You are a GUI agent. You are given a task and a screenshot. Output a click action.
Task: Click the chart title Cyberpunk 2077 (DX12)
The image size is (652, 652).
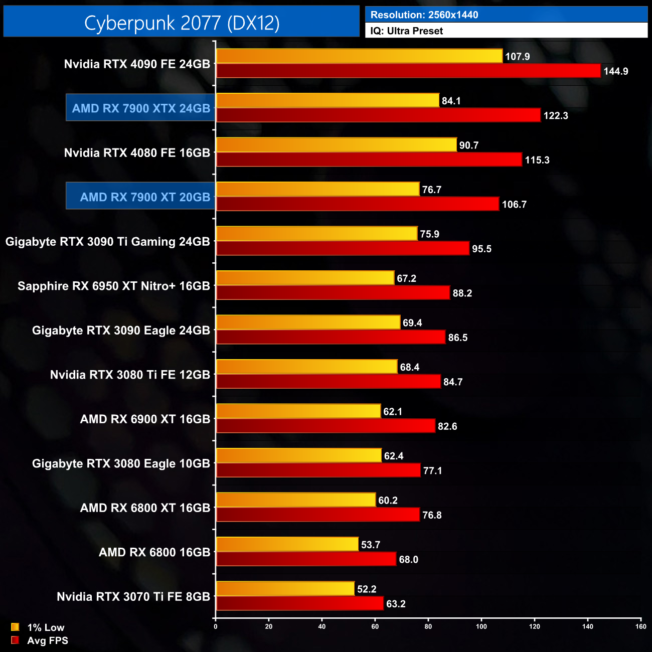(x=182, y=23)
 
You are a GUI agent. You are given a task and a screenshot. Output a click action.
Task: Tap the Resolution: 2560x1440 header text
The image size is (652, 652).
(x=424, y=15)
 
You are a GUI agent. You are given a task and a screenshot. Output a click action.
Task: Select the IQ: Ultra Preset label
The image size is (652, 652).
(x=406, y=31)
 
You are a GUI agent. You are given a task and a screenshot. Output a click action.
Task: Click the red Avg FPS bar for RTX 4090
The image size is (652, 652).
(x=408, y=71)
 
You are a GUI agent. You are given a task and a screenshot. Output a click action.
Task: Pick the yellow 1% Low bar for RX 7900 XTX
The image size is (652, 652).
(x=328, y=100)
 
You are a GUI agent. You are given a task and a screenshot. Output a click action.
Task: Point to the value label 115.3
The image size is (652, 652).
(x=537, y=160)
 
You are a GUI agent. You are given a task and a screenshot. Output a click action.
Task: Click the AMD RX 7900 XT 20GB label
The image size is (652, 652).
(x=145, y=197)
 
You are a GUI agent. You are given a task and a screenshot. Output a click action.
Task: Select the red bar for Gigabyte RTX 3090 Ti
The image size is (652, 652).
(x=343, y=248)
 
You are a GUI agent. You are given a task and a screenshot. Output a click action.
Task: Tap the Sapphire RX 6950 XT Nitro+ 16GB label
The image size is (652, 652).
(x=114, y=286)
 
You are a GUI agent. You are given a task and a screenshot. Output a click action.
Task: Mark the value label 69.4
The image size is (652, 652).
(x=412, y=323)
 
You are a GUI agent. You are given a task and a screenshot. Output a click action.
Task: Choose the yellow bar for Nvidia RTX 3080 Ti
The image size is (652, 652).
(x=306, y=367)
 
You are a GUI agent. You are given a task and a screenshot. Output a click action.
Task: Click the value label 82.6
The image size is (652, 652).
(x=447, y=426)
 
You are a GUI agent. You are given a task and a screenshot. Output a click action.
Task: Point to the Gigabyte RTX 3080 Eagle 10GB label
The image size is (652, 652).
(x=121, y=463)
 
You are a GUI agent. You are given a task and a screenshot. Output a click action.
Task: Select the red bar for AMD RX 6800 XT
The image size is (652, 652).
(x=317, y=515)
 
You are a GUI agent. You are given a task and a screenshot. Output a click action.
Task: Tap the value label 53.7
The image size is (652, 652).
(x=371, y=545)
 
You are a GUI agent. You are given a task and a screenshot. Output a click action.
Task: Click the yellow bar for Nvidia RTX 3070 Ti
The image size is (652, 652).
(x=285, y=588)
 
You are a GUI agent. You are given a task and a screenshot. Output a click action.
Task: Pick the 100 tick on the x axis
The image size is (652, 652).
(x=481, y=626)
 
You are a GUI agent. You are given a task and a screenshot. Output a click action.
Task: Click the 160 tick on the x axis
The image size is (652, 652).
(x=640, y=626)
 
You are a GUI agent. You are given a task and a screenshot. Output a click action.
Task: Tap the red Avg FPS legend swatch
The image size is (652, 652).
(x=15, y=640)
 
